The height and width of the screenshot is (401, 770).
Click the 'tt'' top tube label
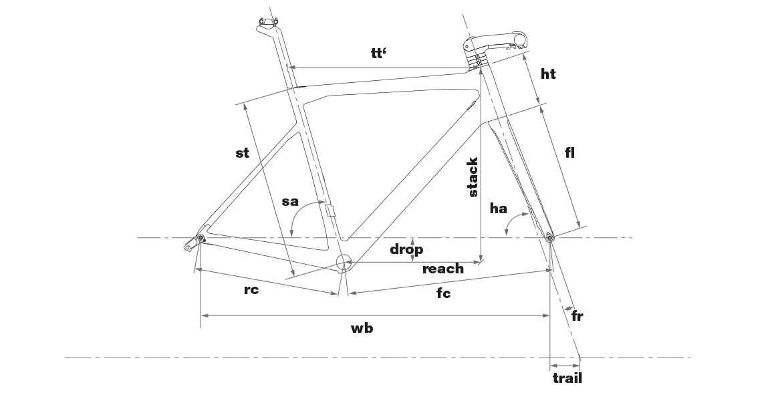click(378, 53)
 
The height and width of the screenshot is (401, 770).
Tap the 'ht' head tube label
click(548, 74)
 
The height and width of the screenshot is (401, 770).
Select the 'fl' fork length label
click(569, 152)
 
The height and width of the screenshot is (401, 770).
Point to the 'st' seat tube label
click(242, 152)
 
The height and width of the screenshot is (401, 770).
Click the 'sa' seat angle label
click(290, 201)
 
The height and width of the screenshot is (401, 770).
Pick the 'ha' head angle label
click(498, 209)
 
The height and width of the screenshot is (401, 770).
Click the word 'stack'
click(473, 177)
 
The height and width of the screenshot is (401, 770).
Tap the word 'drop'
click(406, 250)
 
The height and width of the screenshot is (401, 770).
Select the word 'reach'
click(443, 269)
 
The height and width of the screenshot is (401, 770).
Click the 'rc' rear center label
click(251, 289)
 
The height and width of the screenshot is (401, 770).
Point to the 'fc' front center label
click(443, 293)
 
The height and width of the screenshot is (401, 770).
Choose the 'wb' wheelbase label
click(362, 328)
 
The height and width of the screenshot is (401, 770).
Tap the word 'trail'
click(567, 378)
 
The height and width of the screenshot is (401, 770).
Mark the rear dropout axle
click(201, 238)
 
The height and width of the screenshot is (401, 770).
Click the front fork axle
click(549, 238)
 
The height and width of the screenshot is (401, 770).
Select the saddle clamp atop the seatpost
click(269, 21)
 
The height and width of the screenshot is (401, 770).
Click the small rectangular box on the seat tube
click(330, 210)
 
